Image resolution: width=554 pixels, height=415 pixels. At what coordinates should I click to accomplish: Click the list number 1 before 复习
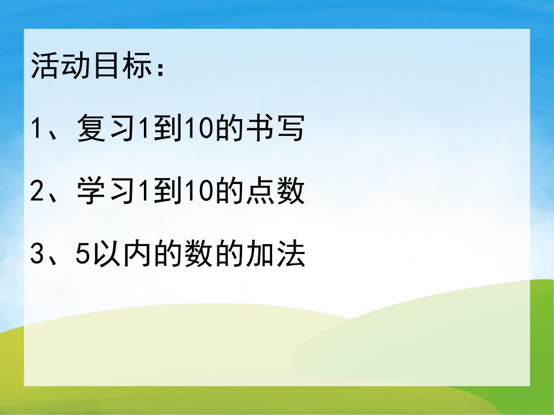36,130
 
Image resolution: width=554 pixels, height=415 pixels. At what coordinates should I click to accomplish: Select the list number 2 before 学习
36,194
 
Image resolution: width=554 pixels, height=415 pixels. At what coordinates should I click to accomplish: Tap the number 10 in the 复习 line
201,130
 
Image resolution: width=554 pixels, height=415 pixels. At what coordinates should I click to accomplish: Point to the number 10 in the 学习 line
201,194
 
